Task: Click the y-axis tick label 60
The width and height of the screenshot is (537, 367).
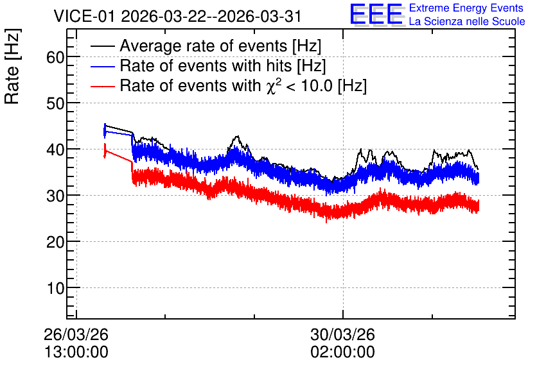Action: click(x=55, y=57)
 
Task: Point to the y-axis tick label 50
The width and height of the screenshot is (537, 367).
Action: click(x=55, y=103)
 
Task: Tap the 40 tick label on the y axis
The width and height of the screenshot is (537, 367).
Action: click(x=55, y=149)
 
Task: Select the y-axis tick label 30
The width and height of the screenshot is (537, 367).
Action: click(x=55, y=196)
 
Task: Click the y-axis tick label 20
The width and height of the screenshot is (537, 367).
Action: click(x=55, y=242)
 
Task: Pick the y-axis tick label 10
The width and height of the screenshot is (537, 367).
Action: click(x=55, y=288)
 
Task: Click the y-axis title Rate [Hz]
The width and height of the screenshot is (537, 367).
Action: click(x=12, y=66)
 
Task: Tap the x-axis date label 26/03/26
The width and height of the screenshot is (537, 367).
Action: click(x=76, y=334)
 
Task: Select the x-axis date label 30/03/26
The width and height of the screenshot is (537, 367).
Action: click(x=343, y=334)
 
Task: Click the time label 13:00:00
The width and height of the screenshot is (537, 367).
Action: click(x=76, y=352)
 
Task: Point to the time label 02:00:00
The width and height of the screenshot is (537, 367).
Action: click(x=343, y=352)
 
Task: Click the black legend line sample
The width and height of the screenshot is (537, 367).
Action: click(x=103, y=46)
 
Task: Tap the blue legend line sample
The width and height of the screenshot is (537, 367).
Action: click(x=103, y=66)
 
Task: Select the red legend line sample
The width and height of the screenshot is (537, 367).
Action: click(x=103, y=86)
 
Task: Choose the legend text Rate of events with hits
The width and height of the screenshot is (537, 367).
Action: click(x=206, y=65)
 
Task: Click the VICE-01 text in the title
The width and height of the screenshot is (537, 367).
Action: click(x=84, y=16)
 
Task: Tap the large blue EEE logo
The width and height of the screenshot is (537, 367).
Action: click(x=376, y=14)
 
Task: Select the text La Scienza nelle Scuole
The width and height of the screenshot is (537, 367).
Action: click(x=467, y=22)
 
